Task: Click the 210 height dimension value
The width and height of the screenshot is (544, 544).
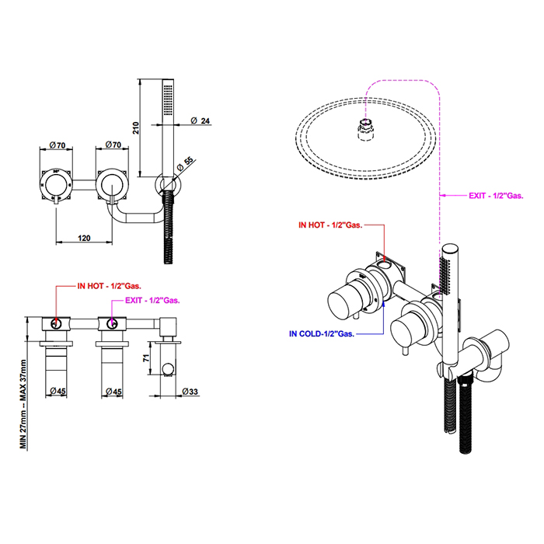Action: pyautogui.click(x=136, y=128)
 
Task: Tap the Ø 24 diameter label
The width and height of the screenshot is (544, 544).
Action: pyautogui.click(x=201, y=120)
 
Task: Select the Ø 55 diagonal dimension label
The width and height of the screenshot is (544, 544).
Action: pyautogui.click(x=185, y=164)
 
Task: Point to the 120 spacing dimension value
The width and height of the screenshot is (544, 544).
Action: pyautogui.click(x=84, y=238)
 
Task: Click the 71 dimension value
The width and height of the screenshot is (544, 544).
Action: pyautogui.click(x=146, y=357)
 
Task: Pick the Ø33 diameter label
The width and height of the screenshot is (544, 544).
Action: pyautogui.click(x=190, y=392)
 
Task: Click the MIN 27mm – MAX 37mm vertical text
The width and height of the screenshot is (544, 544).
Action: pyautogui.click(x=23, y=404)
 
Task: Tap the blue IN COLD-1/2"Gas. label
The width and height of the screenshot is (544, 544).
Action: pyautogui.click(x=322, y=333)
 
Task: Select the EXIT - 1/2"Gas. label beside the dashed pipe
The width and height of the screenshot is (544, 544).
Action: pyautogui.click(x=496, y=196)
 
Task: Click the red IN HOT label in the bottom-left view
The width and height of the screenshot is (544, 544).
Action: pyautogui.click(x=110, y=286)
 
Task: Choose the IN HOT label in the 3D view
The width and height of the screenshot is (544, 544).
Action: pyautogui.click(x=330, y=225)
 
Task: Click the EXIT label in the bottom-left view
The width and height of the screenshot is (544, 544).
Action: pyautogui.click(x=152, y=300)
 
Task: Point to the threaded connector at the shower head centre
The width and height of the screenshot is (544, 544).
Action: pyautogui.click(x=365, y=130)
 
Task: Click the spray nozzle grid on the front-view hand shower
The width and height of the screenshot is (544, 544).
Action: pyautogui.click(x=169, y=99)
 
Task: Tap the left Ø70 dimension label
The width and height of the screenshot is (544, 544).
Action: pyautogui.click(x=58, y=145)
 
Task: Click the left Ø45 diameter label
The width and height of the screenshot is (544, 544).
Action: pyautogui.click(x=58, y=391)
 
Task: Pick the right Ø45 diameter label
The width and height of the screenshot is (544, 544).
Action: pyautogui.click(x=113, y=392)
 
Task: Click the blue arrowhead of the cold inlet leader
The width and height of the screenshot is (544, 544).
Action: pyautogui.click(x=384, y=303)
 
